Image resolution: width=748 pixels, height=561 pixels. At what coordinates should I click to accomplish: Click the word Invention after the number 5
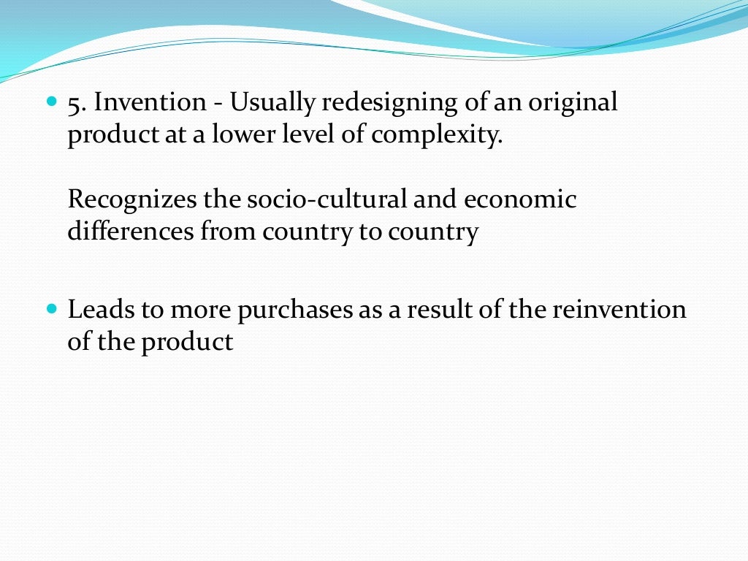pyautogui.click(x=149, y=103)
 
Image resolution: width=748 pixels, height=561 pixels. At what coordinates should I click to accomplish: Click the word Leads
pyautogui.click(x=96, y=310)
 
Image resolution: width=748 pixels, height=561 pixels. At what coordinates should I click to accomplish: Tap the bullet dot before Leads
pyautogui.click(x=50, y=310)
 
